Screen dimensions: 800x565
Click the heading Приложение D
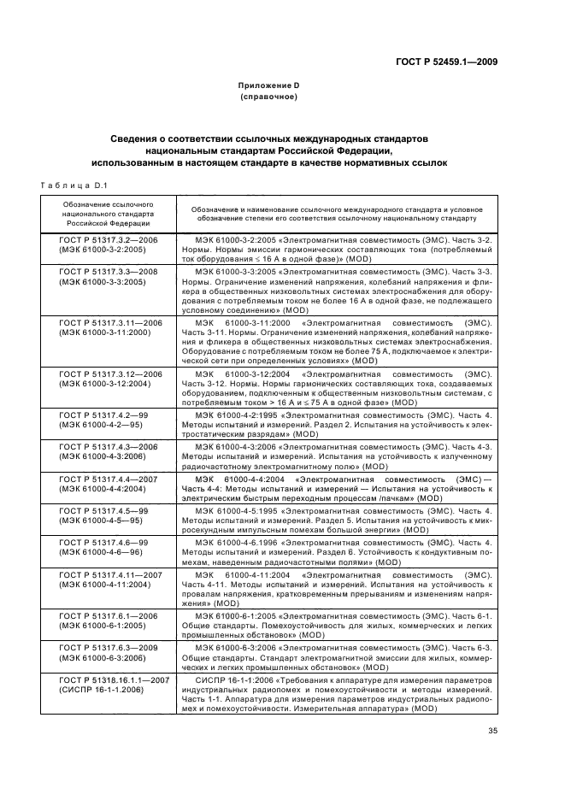pyautogui.click(x=268, y=86)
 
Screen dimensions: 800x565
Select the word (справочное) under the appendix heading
pyautogui.click(x=268, y=97)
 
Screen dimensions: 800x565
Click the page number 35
pyautogui.click(x=492, y=730)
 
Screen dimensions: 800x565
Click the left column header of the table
pyautogui.click(x=108, y=212)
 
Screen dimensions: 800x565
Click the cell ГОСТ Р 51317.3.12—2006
pyautogui.click(x=109, y=374)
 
